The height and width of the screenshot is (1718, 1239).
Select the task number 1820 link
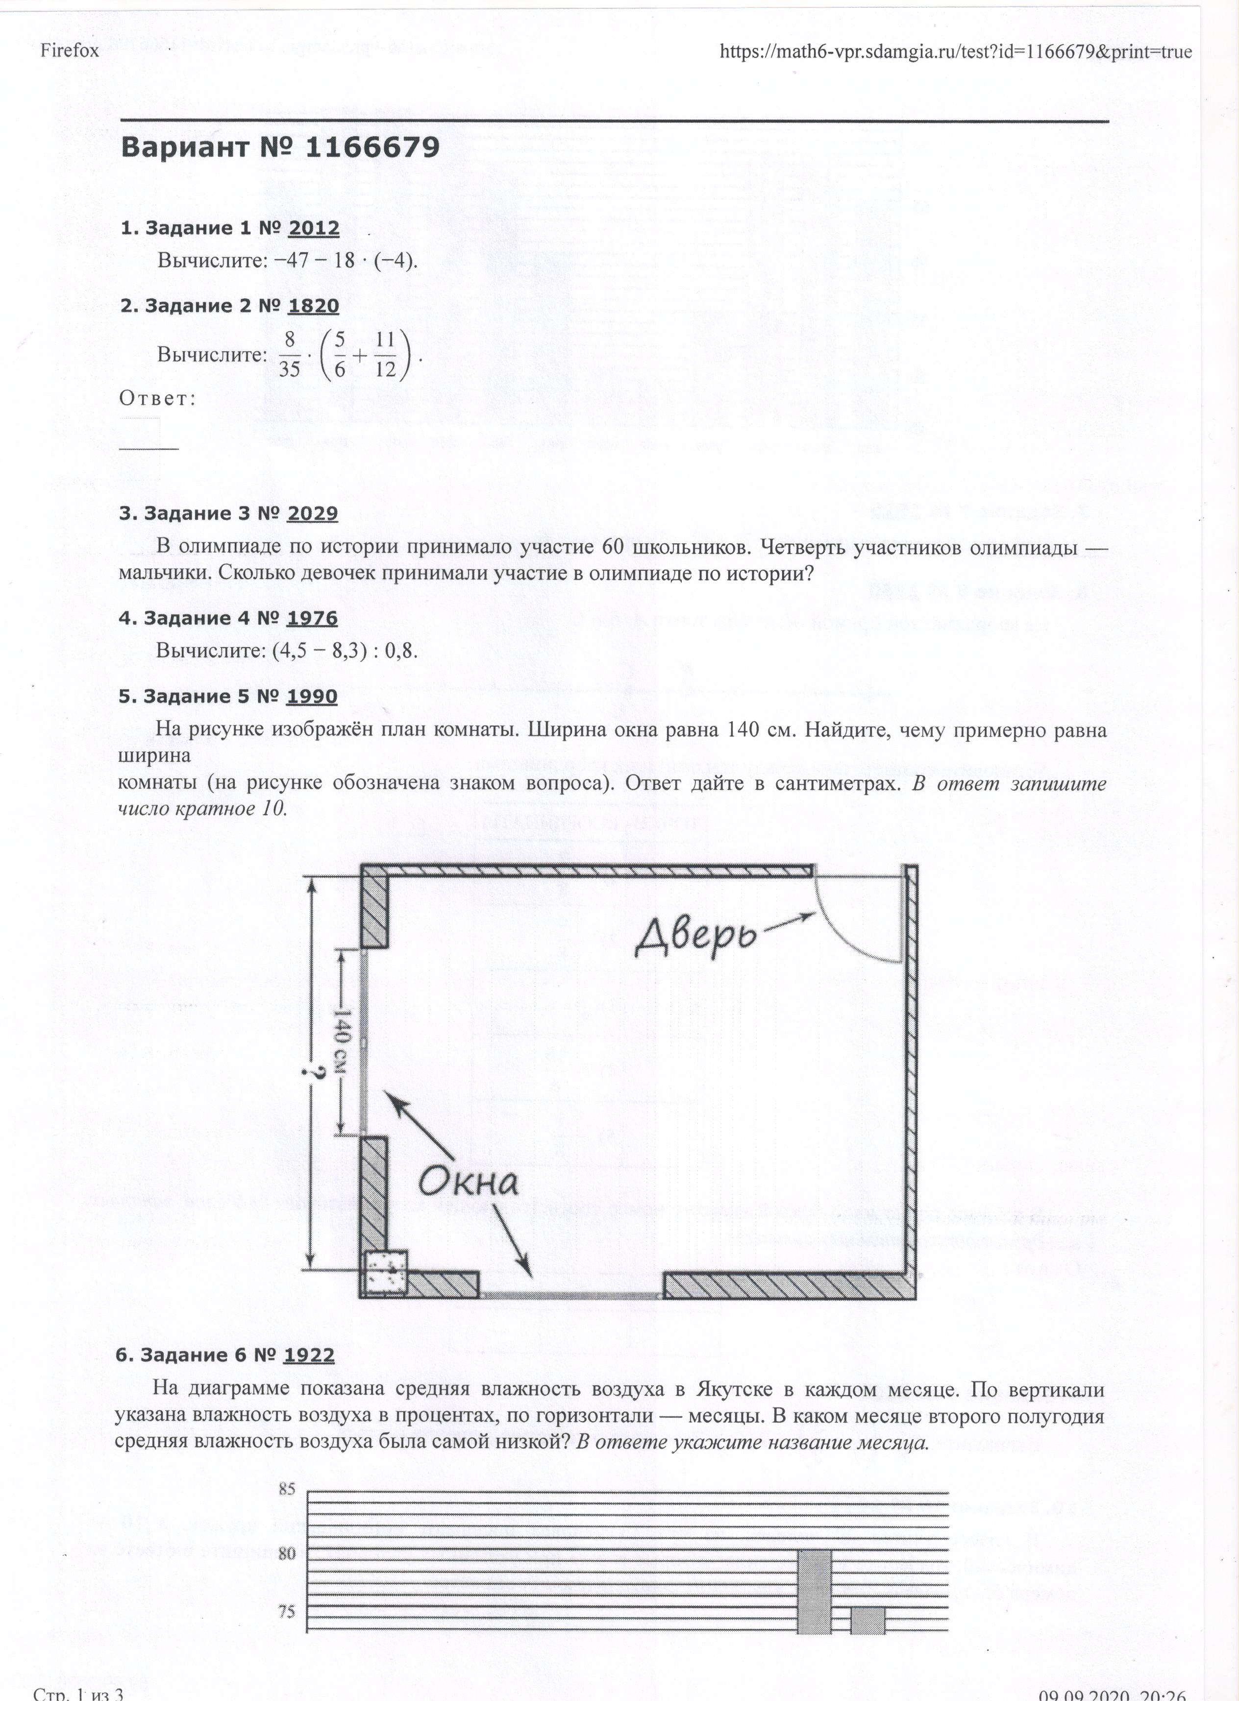pyautogui.click(x=313, y=306)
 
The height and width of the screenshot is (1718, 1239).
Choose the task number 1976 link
pyautogui.click(x=312, y=619)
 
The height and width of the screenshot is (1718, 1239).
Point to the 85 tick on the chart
pyautogui.click(x=287, y=1489)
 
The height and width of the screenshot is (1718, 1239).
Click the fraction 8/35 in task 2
pyautogui.click(x=290, y=355)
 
